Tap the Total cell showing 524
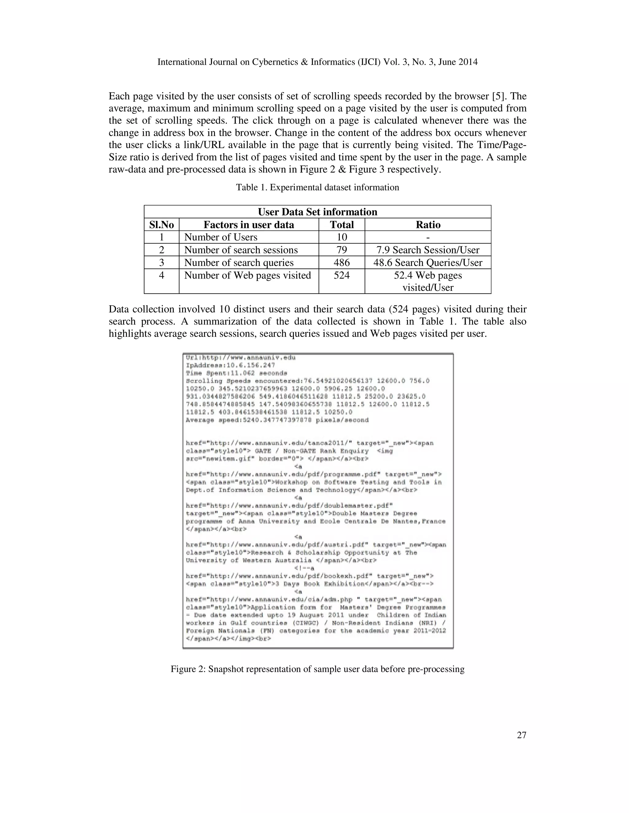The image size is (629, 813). [x=341, y=275]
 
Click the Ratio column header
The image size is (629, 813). [x=428, y=225]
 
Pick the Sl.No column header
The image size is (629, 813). [x=161, y=225]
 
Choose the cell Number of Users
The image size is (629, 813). [x=221, y=237]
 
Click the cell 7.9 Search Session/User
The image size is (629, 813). [x=428, y=250]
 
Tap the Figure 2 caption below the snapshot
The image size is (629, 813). [x=318, y=669]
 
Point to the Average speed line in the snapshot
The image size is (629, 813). [x=277, y=420]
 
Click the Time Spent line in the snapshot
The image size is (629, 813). [x=236, y=373]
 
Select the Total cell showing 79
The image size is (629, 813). [x=341, y=250]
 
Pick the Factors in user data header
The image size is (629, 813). [x=248, y=225]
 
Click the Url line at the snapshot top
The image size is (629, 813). [x=241, y=357]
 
